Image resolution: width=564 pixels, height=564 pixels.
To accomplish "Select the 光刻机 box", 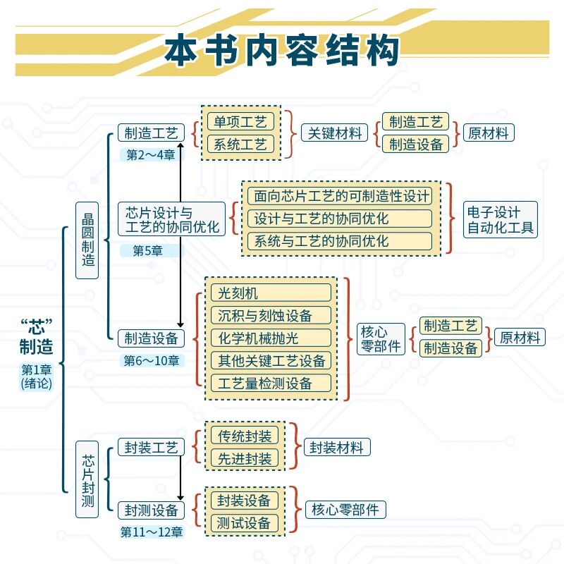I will pyautogui.click(x=271, y=293).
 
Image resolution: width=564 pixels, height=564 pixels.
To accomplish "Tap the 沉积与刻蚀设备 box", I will pyautogui.click(x=271, y=315).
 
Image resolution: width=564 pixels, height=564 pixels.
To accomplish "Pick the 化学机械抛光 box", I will pyautogui.click(x=271, y=338).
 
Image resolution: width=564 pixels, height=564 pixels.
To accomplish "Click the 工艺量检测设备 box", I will pyautogui.click(x=271, y=383).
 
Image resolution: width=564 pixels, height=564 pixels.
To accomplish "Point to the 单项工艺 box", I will pyautogui.click(x=240, y=122).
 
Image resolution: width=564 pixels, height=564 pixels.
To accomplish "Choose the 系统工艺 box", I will pyautogui.click(x=240, y=145).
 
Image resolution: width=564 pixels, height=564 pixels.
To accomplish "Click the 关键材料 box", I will pyautogui.click(x=335, y=133).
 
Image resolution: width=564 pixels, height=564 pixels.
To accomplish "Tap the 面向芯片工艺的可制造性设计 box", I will pyautogui.click(x=341, y=196).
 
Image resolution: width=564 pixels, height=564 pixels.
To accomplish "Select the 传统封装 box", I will pyautogui.click(x=245, y=436).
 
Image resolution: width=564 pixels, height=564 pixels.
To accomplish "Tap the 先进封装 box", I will pyautogui.click(x=245, y=458).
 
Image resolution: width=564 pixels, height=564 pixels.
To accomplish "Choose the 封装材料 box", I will pyautogui.click(x=337, y=447).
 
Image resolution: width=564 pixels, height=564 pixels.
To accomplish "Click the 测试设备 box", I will pyautogui.click(x=245, y=523).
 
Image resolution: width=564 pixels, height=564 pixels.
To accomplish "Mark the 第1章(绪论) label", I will pyautogui.click(x=37, y=376).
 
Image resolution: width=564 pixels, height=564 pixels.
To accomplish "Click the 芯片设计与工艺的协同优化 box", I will pyautogui.click(x=171, y=220).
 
